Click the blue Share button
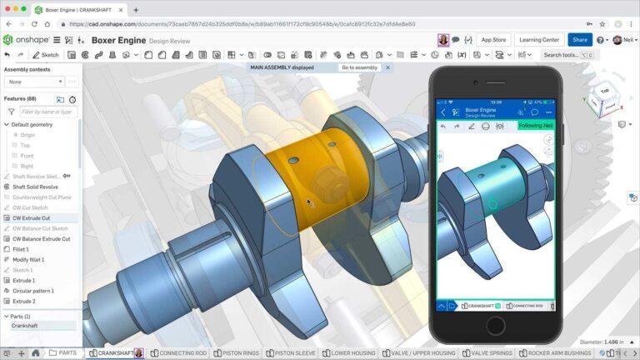tap(579, 39)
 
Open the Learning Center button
tap(539, 39)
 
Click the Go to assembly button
tap(359, 67)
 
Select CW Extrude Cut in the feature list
tap(31, 217)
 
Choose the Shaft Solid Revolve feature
tap(35, 187)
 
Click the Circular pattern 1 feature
tap(33, 291)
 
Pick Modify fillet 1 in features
tap(28, 259)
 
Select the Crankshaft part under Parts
tap(24, 326)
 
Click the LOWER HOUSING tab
tap(351, 353)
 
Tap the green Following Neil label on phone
tap(535, 126)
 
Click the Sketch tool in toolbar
tap(45, 55)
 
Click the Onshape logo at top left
tap(25, 39)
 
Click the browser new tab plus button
tap(136, 10)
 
